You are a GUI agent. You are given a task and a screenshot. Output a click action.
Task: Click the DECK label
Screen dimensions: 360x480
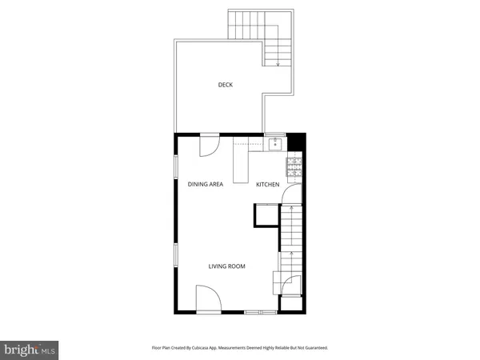point(226,85)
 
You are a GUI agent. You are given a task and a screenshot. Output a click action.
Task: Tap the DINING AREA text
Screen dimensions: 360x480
point(206,185)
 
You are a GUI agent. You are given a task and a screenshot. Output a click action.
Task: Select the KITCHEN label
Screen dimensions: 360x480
point(267,185)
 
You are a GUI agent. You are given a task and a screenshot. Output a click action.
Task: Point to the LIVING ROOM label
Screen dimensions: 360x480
point(227,266)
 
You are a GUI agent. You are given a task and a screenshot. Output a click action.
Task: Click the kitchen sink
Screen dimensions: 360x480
point(275,144)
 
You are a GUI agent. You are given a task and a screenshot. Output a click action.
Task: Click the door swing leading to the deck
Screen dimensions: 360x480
point(208,146)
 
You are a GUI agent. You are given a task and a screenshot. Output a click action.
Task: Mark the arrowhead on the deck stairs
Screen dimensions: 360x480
point(278,62)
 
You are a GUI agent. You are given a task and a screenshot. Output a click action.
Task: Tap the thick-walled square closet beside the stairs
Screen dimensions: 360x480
point(265,216)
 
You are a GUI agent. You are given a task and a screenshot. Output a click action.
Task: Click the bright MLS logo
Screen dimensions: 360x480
point(30,350)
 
